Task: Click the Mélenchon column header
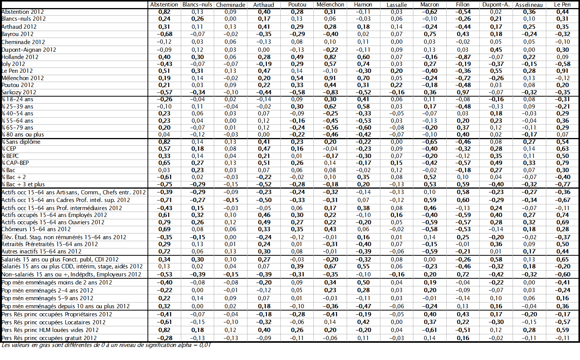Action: click(x=330, y=5)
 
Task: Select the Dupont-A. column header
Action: click(x=496, y=5)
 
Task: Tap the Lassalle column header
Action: click(x=396, y=5)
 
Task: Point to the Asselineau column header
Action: click(x=529, y=5)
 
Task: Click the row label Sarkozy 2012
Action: click(x=19, y=92)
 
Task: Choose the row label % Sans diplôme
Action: click(x=21, y=142)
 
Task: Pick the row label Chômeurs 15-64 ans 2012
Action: click(x=36, y=229)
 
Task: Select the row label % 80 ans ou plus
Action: click(x=23, y=135)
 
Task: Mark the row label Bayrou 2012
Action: click(x=18, y=34)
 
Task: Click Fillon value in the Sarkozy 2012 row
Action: click(x=463, y=92)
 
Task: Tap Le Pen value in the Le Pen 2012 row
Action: click(x=562, y=71)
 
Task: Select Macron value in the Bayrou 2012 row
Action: click(x=429, y=34)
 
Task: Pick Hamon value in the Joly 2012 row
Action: click(x=363, y=64)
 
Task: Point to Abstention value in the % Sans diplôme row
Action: click(x=164, y=142)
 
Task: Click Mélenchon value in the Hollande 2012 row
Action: click(x=330, y=57)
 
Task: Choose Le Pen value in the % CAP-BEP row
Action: click(x=562, y=163)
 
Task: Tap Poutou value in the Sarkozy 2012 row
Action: click(x=297, y=92)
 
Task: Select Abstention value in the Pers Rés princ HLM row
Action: click(x=164, y=330)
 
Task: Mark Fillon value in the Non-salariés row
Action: click(x=463, y=275)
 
